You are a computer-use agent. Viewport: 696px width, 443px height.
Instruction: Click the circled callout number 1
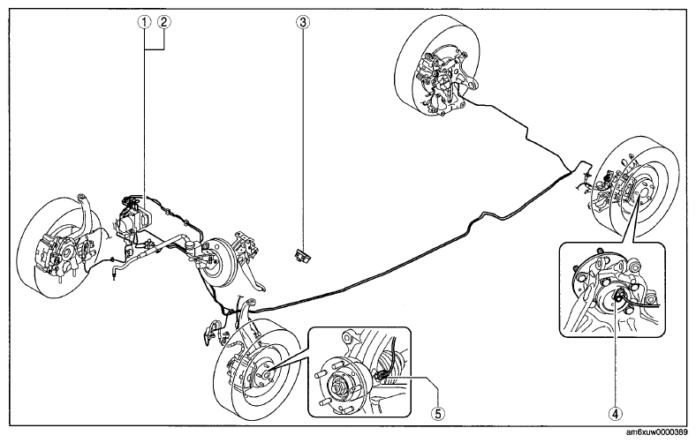point(144,22)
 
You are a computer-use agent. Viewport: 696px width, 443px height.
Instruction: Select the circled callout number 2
point(163,22)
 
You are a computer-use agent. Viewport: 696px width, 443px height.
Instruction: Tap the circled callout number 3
point(303,22)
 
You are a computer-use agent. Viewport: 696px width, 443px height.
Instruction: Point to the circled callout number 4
point(616,413)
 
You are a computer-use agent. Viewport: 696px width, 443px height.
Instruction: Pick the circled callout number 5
point(438,413)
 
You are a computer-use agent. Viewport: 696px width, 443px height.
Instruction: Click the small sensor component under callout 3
point(302,256)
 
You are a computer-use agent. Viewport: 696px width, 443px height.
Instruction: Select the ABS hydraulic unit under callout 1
point(134,217)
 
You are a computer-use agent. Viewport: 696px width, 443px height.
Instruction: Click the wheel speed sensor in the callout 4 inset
point(617,297)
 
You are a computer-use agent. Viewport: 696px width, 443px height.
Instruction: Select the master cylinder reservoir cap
point(192,244)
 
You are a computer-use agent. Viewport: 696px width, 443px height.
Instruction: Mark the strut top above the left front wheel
point(81,198)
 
